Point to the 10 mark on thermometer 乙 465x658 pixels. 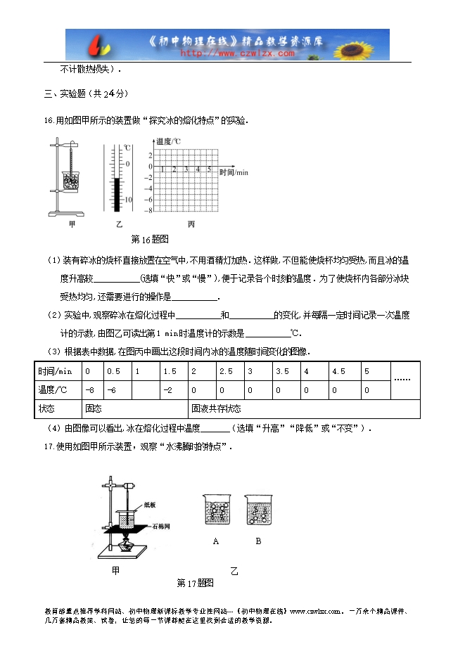click(x=128, y=200)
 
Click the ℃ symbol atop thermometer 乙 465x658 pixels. click(x=127, y=148)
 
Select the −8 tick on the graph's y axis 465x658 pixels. click(x=149, y=209)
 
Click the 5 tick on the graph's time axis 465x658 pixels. click(x=210, y=169)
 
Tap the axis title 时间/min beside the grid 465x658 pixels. click(x=234, y=172)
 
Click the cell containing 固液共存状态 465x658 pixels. click(x=215, y=408)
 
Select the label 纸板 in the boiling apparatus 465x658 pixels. click(x=149, y=504)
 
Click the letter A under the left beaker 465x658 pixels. click(x=215, y=541)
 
